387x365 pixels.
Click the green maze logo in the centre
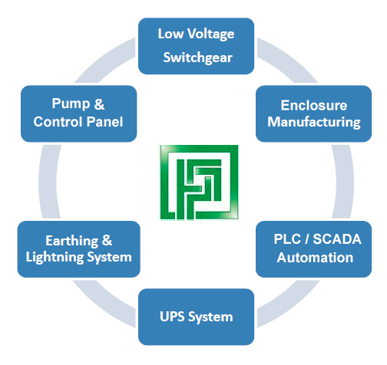(x=199, y=182)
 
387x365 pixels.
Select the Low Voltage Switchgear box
(x=196, y=46)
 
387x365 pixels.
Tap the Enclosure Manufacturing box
(x=313, y=113)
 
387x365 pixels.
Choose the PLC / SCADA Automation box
(x=313, y=249)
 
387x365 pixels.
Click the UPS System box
(x=196, y=317)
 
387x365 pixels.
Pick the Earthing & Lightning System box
(x=78, y=249)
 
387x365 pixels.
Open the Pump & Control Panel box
(x=78, y=113)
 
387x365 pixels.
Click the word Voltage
(x=211, y=34)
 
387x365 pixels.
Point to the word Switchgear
(x=198, y=58)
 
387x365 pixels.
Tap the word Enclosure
(x=314, y=105)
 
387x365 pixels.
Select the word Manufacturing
(x=314, y=122)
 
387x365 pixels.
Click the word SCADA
(x=337, y=239)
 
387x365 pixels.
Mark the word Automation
(x=315, y=258)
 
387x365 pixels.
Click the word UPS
(x=172, y=317)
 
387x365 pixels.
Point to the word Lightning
(x=55, y=258)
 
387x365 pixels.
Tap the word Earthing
(x=71, y=241)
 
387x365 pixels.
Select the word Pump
(x=71, y=104)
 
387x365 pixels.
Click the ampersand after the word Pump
(x=99, y=104)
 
